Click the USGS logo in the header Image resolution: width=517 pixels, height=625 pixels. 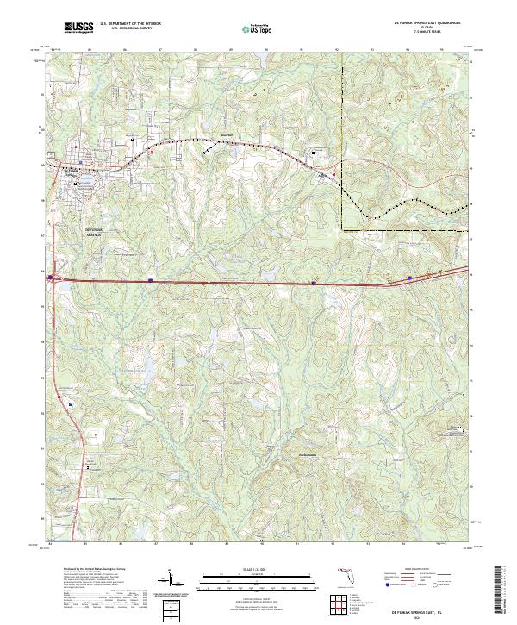pyautogui.click(x=78, y=28)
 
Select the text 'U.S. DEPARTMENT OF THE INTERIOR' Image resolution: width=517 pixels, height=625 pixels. pyautogui.click(x=130, y=24)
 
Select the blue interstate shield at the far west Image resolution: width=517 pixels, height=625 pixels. pyautogui.click(x=52, y=278)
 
